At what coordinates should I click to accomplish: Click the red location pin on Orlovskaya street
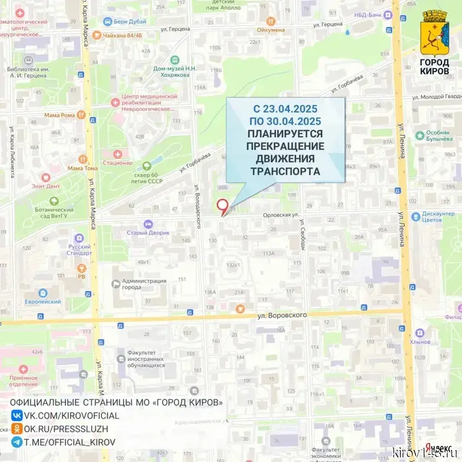(x=223, y=205)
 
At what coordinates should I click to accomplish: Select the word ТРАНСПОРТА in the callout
(x=285, y=172)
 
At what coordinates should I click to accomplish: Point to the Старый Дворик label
(x=149, y=232)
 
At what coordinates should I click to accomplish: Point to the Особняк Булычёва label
(x=438, y=137)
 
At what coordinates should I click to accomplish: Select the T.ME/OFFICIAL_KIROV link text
(x=69, y=442)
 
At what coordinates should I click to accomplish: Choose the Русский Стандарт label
(x=79, y=251)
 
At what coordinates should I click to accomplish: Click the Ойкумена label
(x=271, y=30)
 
